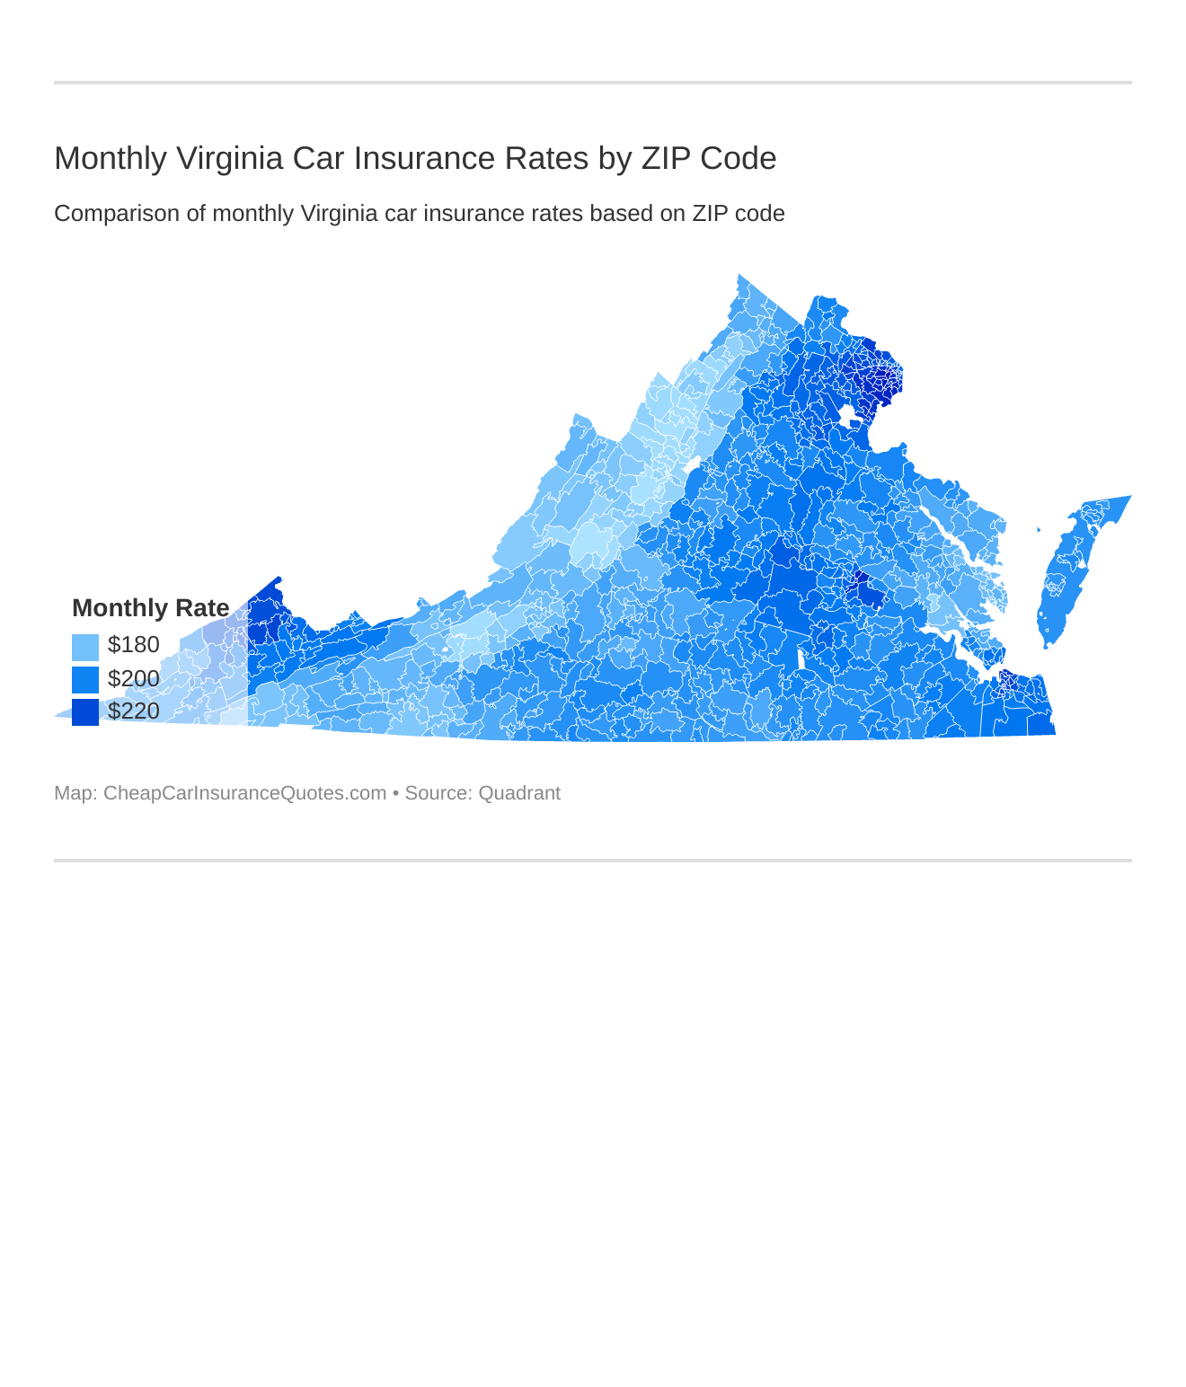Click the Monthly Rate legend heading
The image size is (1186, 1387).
pyautogui.click(x=150, y=608)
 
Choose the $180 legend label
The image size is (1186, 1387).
pyautogui.click(x=133, y=645)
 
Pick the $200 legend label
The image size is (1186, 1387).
pyautogui.click(x=133, y=678)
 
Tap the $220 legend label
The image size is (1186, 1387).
pyautogui.click(x=133, y=711)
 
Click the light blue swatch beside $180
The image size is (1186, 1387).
pyautogui.click(x=85, y=647)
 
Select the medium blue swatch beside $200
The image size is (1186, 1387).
pyautogui.click(x=85, y=679)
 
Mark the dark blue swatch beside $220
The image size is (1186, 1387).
pyautogui.click(x=85, y=711)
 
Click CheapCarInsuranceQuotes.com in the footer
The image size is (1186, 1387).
pyautogui.click(x=244, y=793)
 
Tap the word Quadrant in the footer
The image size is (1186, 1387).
pyautogui.click(x=518, y=793)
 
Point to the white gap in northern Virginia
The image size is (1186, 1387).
pyautogui.click(x=847, y=417)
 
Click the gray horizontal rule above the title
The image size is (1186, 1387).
pyautogui.click(x=593, y=83)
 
